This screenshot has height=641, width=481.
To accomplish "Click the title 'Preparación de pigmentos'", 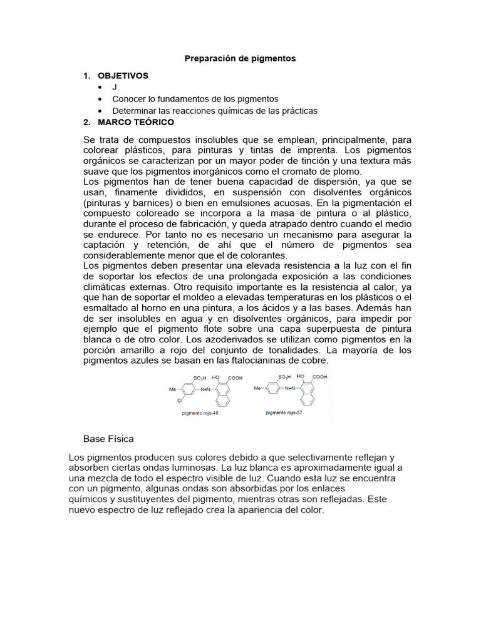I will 240,58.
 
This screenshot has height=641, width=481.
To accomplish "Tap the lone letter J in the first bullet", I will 115,87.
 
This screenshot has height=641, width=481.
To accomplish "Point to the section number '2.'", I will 88,122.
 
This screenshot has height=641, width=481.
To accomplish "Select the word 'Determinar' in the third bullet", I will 133,111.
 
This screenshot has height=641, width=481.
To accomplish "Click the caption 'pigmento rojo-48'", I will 197,413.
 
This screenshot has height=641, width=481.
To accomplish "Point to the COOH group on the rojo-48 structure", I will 235,378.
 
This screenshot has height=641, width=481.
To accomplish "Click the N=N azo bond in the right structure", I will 289,389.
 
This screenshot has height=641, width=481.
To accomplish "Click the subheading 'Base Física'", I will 108,439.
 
